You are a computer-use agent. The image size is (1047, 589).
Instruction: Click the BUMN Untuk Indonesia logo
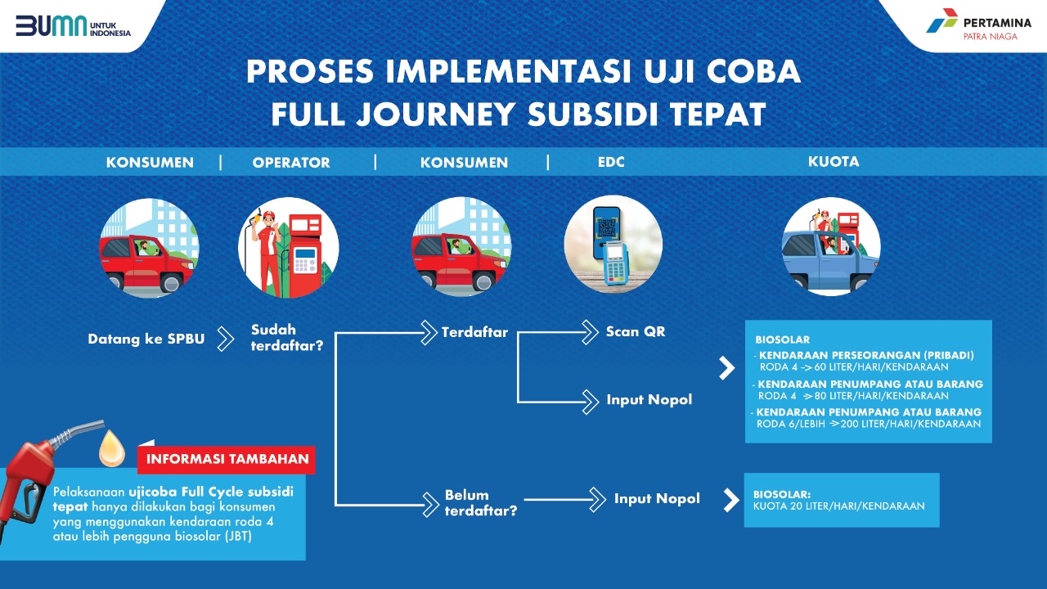click(74, 26)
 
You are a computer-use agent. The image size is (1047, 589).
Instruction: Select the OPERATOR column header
click(291, 163)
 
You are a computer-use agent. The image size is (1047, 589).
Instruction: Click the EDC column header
click(611, 162)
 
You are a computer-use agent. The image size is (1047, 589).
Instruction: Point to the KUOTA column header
click(834, 162)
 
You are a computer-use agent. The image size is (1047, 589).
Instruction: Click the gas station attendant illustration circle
click(289, 247)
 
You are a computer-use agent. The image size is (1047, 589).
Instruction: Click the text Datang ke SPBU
click(146, 339)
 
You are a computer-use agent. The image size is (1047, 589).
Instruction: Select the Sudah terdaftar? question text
click(287, 338)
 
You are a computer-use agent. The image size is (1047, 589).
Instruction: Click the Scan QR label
click(636, 331)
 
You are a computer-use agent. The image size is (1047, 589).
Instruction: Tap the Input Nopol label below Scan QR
click(649, 400)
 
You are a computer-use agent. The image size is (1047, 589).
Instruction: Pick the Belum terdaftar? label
click(481, 502)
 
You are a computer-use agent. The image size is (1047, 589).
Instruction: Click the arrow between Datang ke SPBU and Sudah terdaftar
click(226, 339)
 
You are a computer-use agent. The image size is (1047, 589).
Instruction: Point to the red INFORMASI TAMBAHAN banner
click(227, 460)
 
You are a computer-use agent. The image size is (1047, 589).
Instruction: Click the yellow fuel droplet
click(112, 449)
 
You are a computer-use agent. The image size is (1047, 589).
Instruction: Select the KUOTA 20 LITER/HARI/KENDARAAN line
click(839, 506)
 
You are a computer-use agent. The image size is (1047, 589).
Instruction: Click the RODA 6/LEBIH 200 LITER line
click(869, 424)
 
